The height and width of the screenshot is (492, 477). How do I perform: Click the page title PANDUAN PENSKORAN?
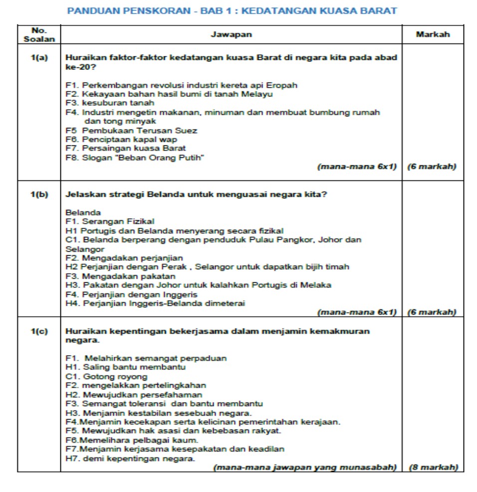(x=232, y=11)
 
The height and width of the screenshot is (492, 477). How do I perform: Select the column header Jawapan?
(x=231, y=34)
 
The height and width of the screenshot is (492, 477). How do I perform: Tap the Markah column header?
(x=432, y=34)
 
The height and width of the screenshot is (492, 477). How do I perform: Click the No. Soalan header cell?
(x=39, y=34)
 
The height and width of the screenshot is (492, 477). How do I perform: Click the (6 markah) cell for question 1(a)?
(x=432, y=167)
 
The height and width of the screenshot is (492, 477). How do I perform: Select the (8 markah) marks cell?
(x=433, y=468)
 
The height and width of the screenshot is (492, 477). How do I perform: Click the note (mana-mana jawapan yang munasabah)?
(x=305, y=468)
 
